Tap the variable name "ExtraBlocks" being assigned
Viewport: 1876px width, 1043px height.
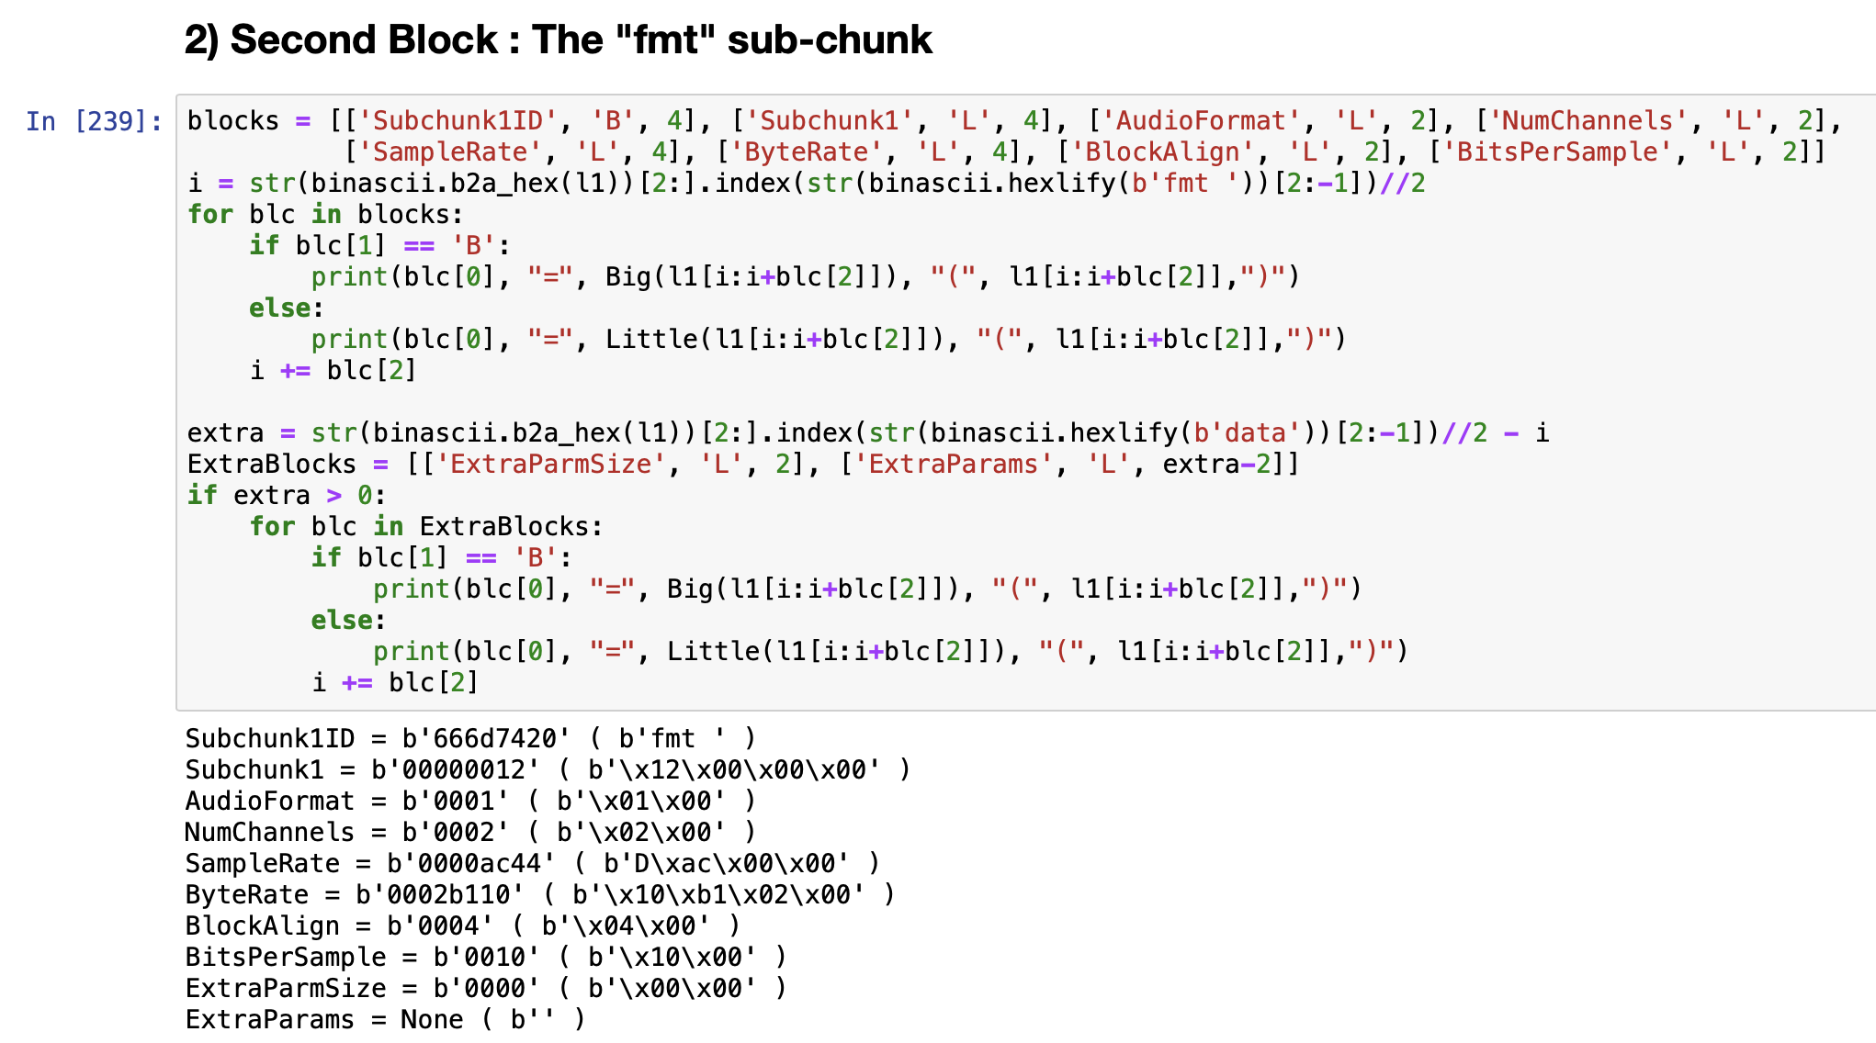pyautogui.click(x=271, y=465)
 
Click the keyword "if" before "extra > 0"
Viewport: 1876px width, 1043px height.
pyautogui.click(x=202, y=496)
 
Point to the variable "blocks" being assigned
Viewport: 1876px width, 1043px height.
pyautogui.click(x=232, y=121)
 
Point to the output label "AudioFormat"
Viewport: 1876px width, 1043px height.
pyautogui.click(x=269, y=802)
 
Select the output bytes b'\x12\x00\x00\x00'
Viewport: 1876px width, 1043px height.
pyautogui.click(x=734, y=770)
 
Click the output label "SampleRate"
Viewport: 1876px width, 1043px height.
pyautogui.click(x=262, y=864)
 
